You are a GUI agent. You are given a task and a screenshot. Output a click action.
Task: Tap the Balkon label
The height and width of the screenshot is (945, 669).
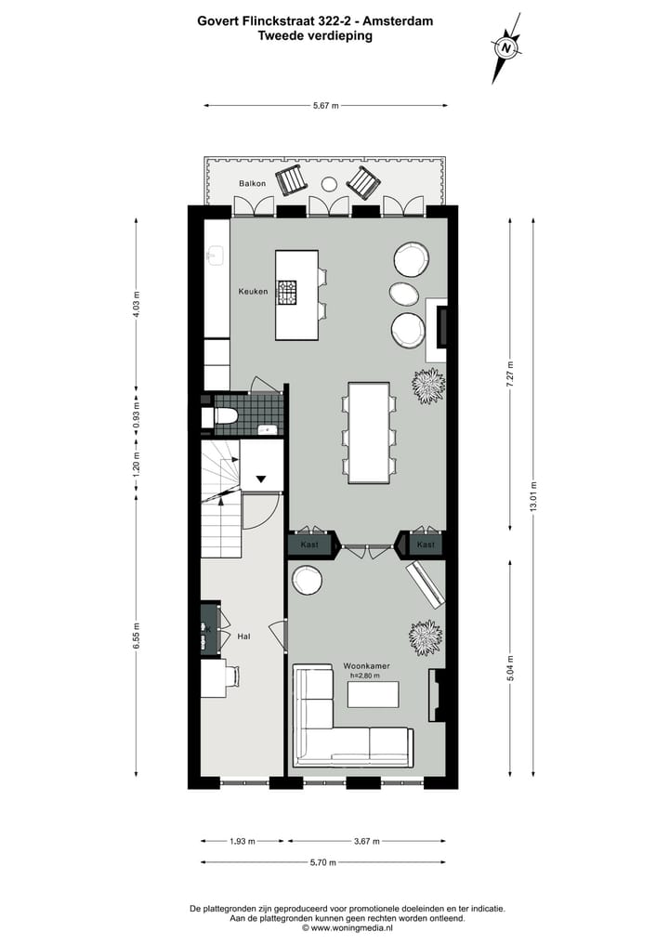(252, 183)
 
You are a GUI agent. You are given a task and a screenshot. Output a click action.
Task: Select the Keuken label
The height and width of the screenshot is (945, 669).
(253, 292)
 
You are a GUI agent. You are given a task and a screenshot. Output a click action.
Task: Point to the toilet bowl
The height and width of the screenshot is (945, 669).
(227, 417)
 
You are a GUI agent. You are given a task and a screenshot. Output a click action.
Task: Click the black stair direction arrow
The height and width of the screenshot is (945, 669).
(261, 479)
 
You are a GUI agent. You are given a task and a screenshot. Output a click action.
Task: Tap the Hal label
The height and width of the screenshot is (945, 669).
(243, 637)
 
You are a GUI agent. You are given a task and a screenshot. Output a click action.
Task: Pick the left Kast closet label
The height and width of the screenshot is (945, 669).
(309, 544)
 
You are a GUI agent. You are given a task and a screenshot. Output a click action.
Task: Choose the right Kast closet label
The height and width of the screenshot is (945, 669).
(426, 544)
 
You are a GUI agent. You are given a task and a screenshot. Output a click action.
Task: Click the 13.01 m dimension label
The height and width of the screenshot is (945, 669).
(532, 497)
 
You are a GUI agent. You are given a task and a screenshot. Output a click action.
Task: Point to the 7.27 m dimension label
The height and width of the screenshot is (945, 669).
(509, 374)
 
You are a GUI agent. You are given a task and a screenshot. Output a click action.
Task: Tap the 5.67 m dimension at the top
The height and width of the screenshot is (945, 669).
(325, 106)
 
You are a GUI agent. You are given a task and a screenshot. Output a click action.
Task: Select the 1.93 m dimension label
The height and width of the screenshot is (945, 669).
(243, 842)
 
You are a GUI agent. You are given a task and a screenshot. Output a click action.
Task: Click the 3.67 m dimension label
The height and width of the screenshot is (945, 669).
(367, 842)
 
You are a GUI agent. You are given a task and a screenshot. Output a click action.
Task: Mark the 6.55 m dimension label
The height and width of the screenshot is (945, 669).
(137, 637)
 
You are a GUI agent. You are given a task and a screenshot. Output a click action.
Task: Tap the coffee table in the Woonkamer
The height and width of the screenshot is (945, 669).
(374, 694)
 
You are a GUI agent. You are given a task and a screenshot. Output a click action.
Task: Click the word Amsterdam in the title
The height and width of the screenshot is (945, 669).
(400, 20)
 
